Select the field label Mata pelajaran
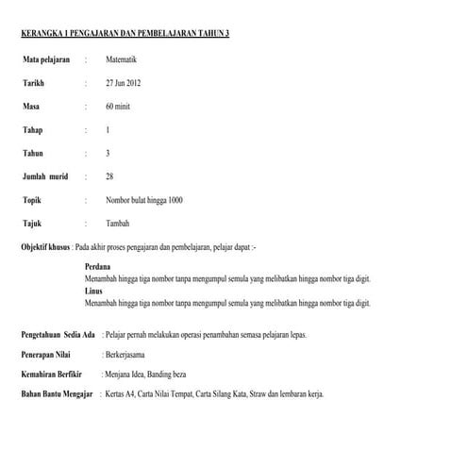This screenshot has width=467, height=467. (x=47, y=59)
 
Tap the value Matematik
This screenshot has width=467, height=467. (x=123, y=59)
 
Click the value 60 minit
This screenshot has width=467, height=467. (x=120, y=106)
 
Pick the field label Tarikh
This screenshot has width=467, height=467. (x=34, y=83)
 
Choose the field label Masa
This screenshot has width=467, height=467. (x=31, y=106)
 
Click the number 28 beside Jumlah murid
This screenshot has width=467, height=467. (x=110, y=175)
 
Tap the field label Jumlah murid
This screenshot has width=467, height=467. (x=45, y=175)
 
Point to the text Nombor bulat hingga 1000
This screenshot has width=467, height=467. (x=144, y=200)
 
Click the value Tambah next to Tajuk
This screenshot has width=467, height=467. (x=118, y=224)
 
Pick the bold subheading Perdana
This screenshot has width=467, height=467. (x=97, y=268)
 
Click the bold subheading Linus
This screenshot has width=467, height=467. (x=93, y=292)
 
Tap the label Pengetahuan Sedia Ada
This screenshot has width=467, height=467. (x=58, y=336)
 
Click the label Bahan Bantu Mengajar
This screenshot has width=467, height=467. (x=56, y=392)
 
